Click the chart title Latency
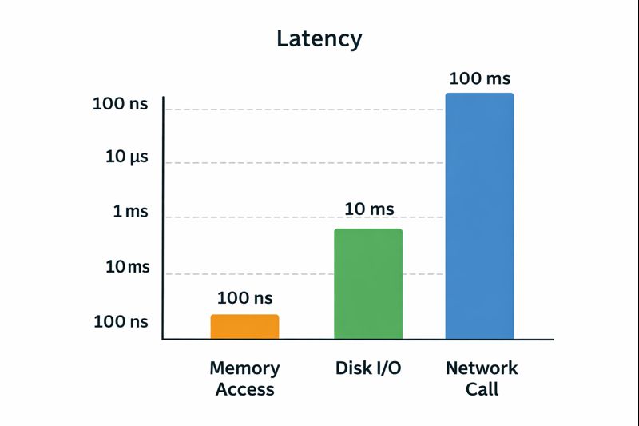[319, 39]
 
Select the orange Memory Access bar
[245, 327]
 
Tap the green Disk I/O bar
[368, 284]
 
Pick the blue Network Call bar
[480, 216]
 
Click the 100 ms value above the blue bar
[480, 78]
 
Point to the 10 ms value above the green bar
[369, 209]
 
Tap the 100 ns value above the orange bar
[245, 298]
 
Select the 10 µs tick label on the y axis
[127, 157]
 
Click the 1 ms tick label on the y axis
[130, 211]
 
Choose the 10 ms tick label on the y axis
[128, 267]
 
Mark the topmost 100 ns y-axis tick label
[121, 104]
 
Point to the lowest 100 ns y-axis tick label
[121, 321]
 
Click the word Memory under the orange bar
[245, 368]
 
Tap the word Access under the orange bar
[245, 389]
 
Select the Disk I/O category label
[368, 368]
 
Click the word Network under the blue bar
[482, 368]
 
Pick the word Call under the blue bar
[482, 389]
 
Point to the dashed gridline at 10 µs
[304, 163]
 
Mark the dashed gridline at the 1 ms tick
[304, 217]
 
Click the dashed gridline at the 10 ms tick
[304, 274]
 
